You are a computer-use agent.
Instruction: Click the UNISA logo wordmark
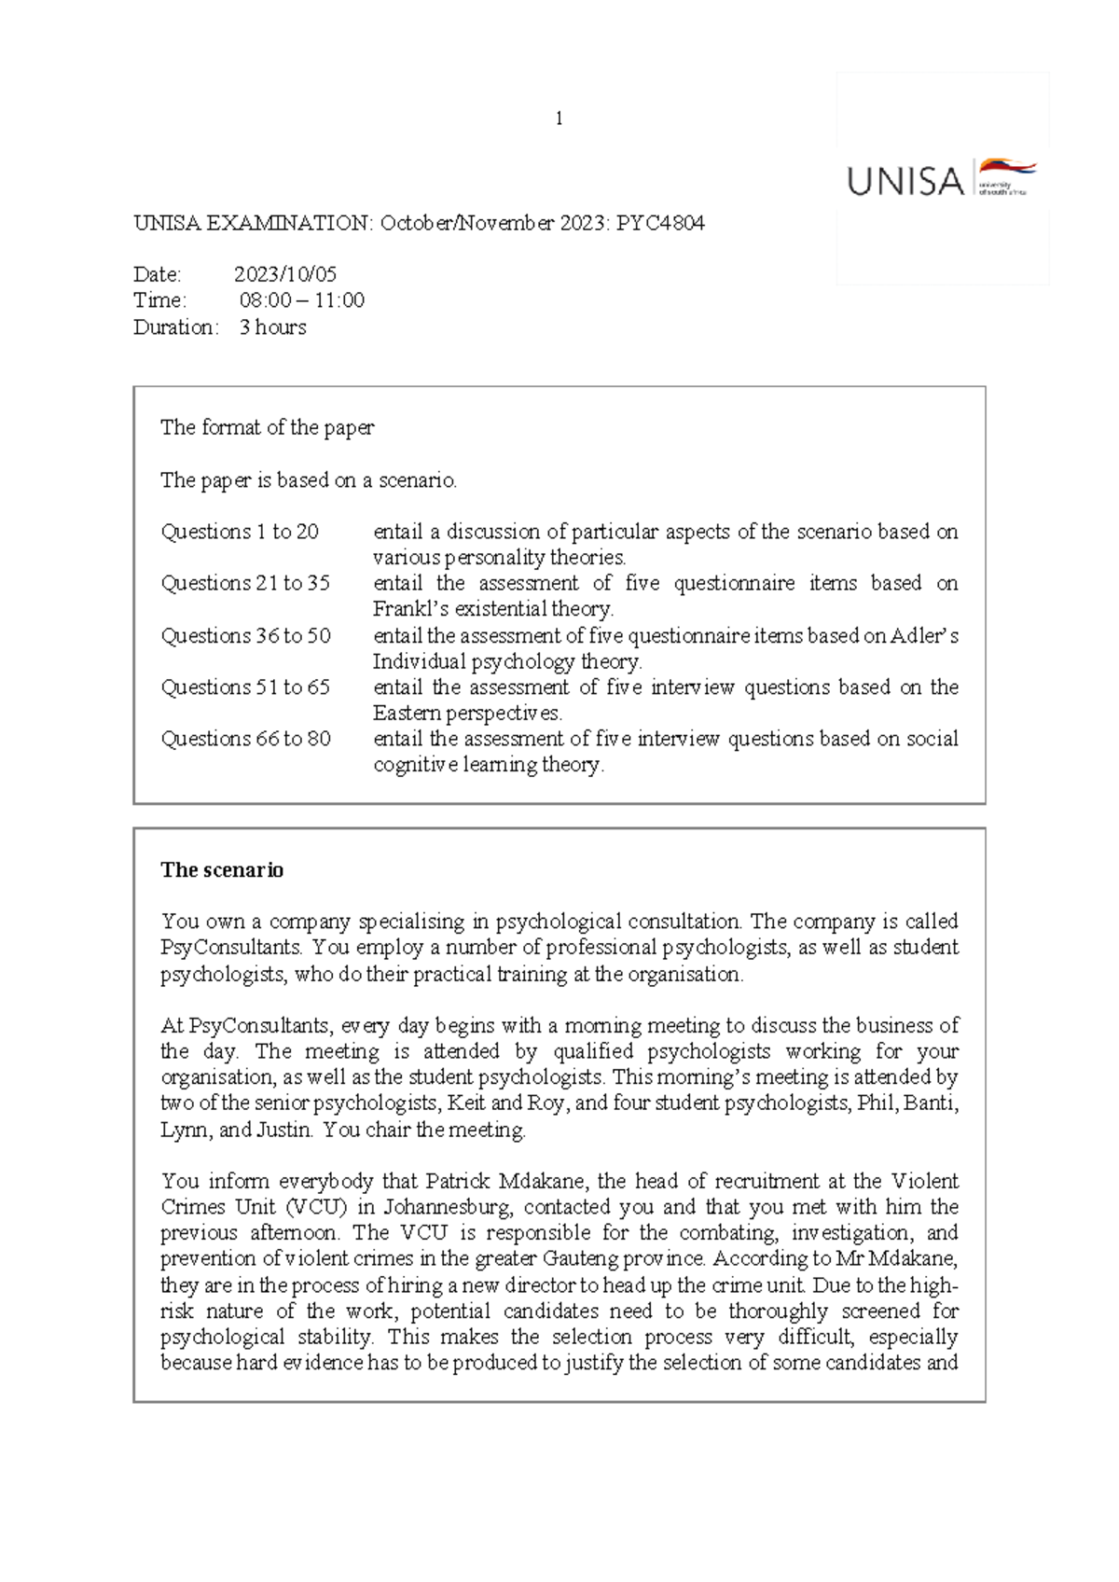click(905, 181)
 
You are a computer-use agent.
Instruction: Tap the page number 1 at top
click(559, 118)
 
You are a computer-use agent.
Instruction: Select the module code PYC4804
click(660, 223)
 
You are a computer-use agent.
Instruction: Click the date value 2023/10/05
click(285, 274)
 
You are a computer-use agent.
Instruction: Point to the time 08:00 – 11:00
click(302, 300)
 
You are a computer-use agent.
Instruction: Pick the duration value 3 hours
click(272, 327)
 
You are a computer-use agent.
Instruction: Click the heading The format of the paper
click(267, 428)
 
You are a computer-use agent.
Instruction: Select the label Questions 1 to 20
click(240, 532)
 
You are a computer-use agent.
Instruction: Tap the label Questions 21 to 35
click(245, 583)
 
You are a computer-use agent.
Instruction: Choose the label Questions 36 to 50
click(245, 636)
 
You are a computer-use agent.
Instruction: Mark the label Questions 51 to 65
click(245, 687)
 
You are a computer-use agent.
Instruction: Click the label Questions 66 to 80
click(245, 739)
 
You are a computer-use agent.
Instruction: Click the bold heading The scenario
click(222, 870)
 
